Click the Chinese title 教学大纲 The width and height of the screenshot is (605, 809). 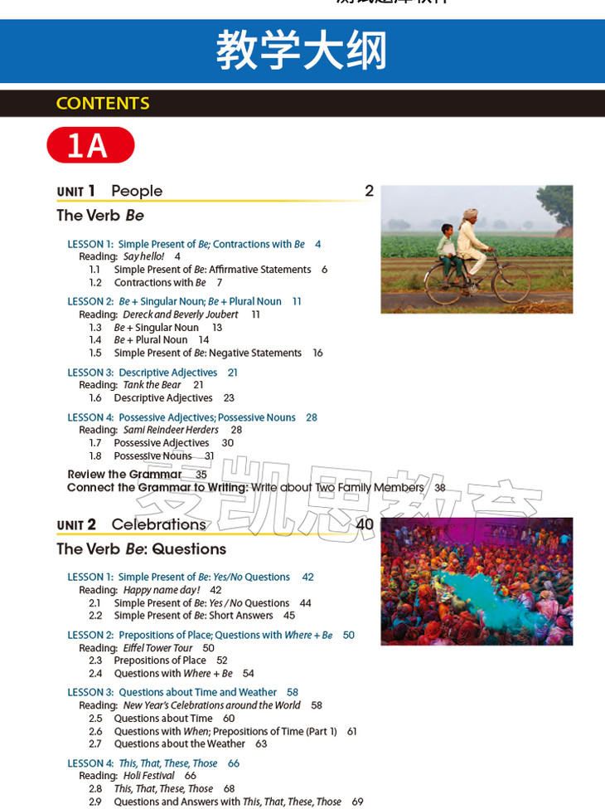[x=302, y=51]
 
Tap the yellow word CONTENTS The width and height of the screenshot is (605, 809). [x=103, y=104]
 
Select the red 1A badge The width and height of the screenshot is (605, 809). [x=90, y=145]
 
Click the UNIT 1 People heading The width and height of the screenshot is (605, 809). [x=109, y=191]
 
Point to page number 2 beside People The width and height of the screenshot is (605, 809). [x=369, y=191]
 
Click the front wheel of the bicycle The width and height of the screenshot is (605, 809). [x=511, y=285]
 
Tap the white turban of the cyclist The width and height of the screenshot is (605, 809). [x=470, y=213]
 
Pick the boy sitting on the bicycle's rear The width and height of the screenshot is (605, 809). [x=448, y=247]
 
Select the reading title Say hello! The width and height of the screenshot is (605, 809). [x=144, y=257]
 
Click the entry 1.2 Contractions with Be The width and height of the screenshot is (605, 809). [x=160, y=283]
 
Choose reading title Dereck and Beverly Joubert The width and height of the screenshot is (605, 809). [x=180, y=314]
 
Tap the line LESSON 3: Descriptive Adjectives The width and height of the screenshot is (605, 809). [x=143, y=373]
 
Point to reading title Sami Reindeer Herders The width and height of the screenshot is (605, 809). [x=171, y=430]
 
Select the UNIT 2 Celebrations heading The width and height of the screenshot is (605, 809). [x=132, y=524]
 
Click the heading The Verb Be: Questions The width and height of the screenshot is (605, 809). [x=141, y=549]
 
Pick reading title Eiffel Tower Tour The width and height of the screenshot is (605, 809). [x=157, y=648]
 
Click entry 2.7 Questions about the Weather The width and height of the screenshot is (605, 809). [x=179, y=744]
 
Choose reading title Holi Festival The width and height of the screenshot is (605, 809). [x=148, y=776]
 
